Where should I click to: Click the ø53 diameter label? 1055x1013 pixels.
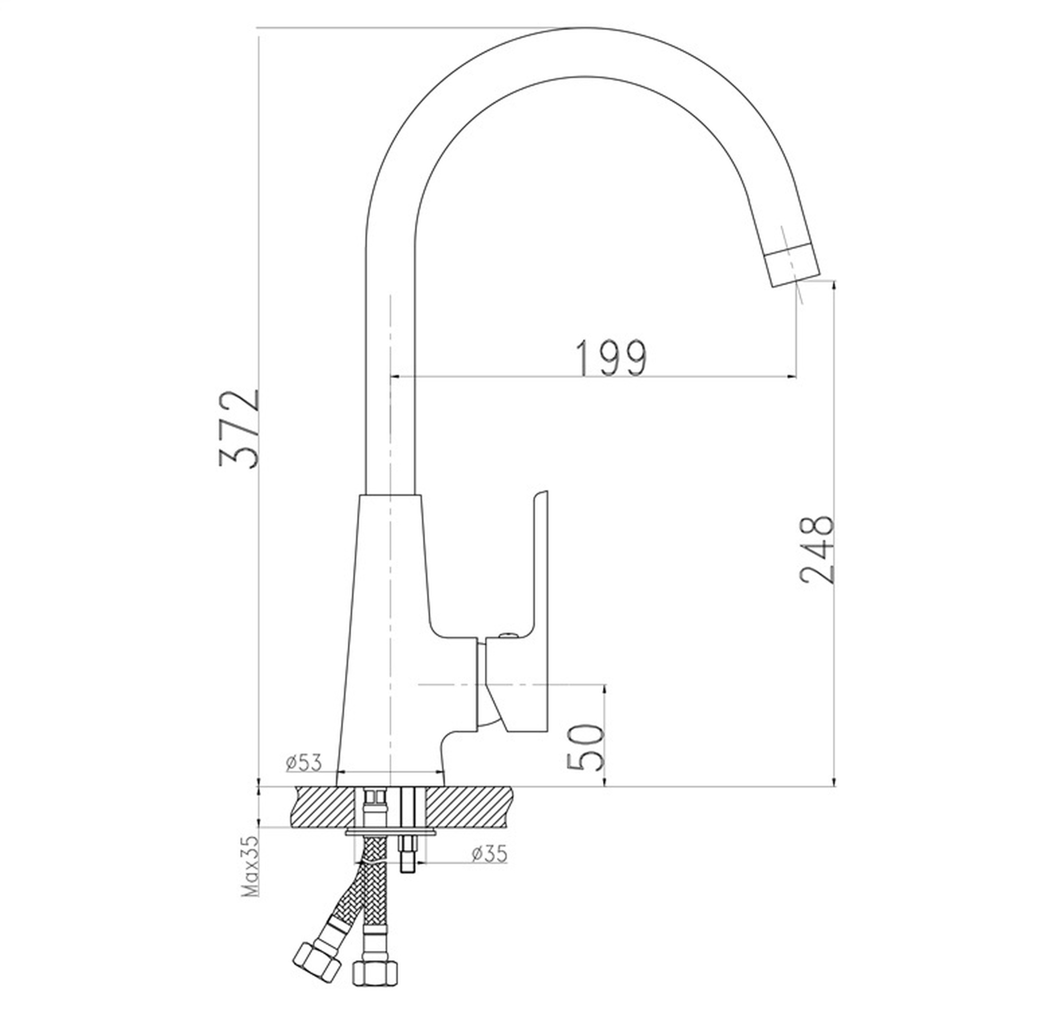tap(305, 763)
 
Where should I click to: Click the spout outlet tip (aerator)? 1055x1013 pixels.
tap(792, 265)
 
